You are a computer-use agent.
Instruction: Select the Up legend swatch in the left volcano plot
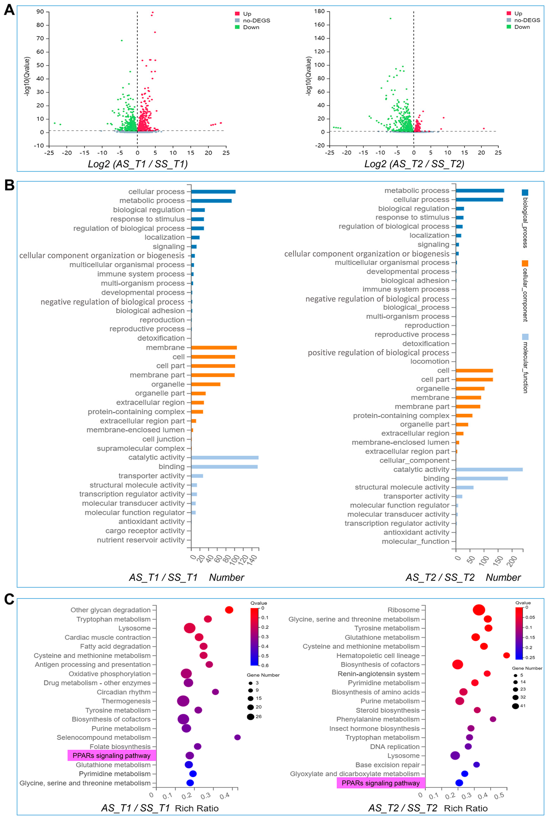tap(237, 14)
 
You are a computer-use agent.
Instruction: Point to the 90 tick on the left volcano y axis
tap(40, 12)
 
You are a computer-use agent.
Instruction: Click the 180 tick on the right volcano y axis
tap(319, 11)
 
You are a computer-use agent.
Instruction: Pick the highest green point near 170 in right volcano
tap(390, 18)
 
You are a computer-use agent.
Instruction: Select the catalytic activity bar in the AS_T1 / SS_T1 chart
tap(225, 457)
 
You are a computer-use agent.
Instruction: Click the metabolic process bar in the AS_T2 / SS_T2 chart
tap(480, 190)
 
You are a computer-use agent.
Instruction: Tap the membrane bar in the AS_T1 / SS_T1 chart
tap(214, 347)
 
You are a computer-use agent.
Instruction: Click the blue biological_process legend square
tap(525, 192)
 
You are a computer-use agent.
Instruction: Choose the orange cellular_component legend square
tap(525, 263)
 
